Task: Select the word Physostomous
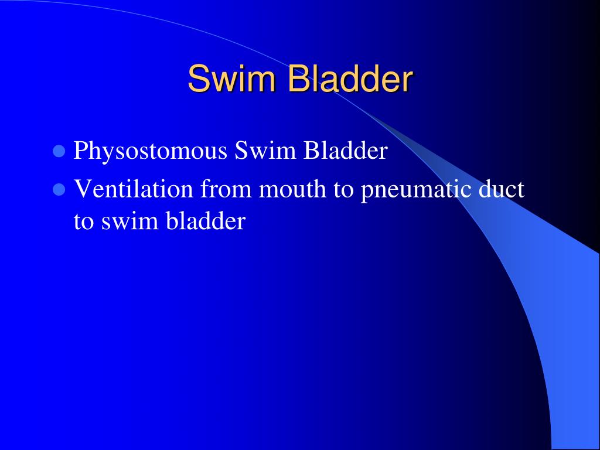151,152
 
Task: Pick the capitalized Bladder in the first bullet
346,151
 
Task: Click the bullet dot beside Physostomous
58,152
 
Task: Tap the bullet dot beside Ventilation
58,190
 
